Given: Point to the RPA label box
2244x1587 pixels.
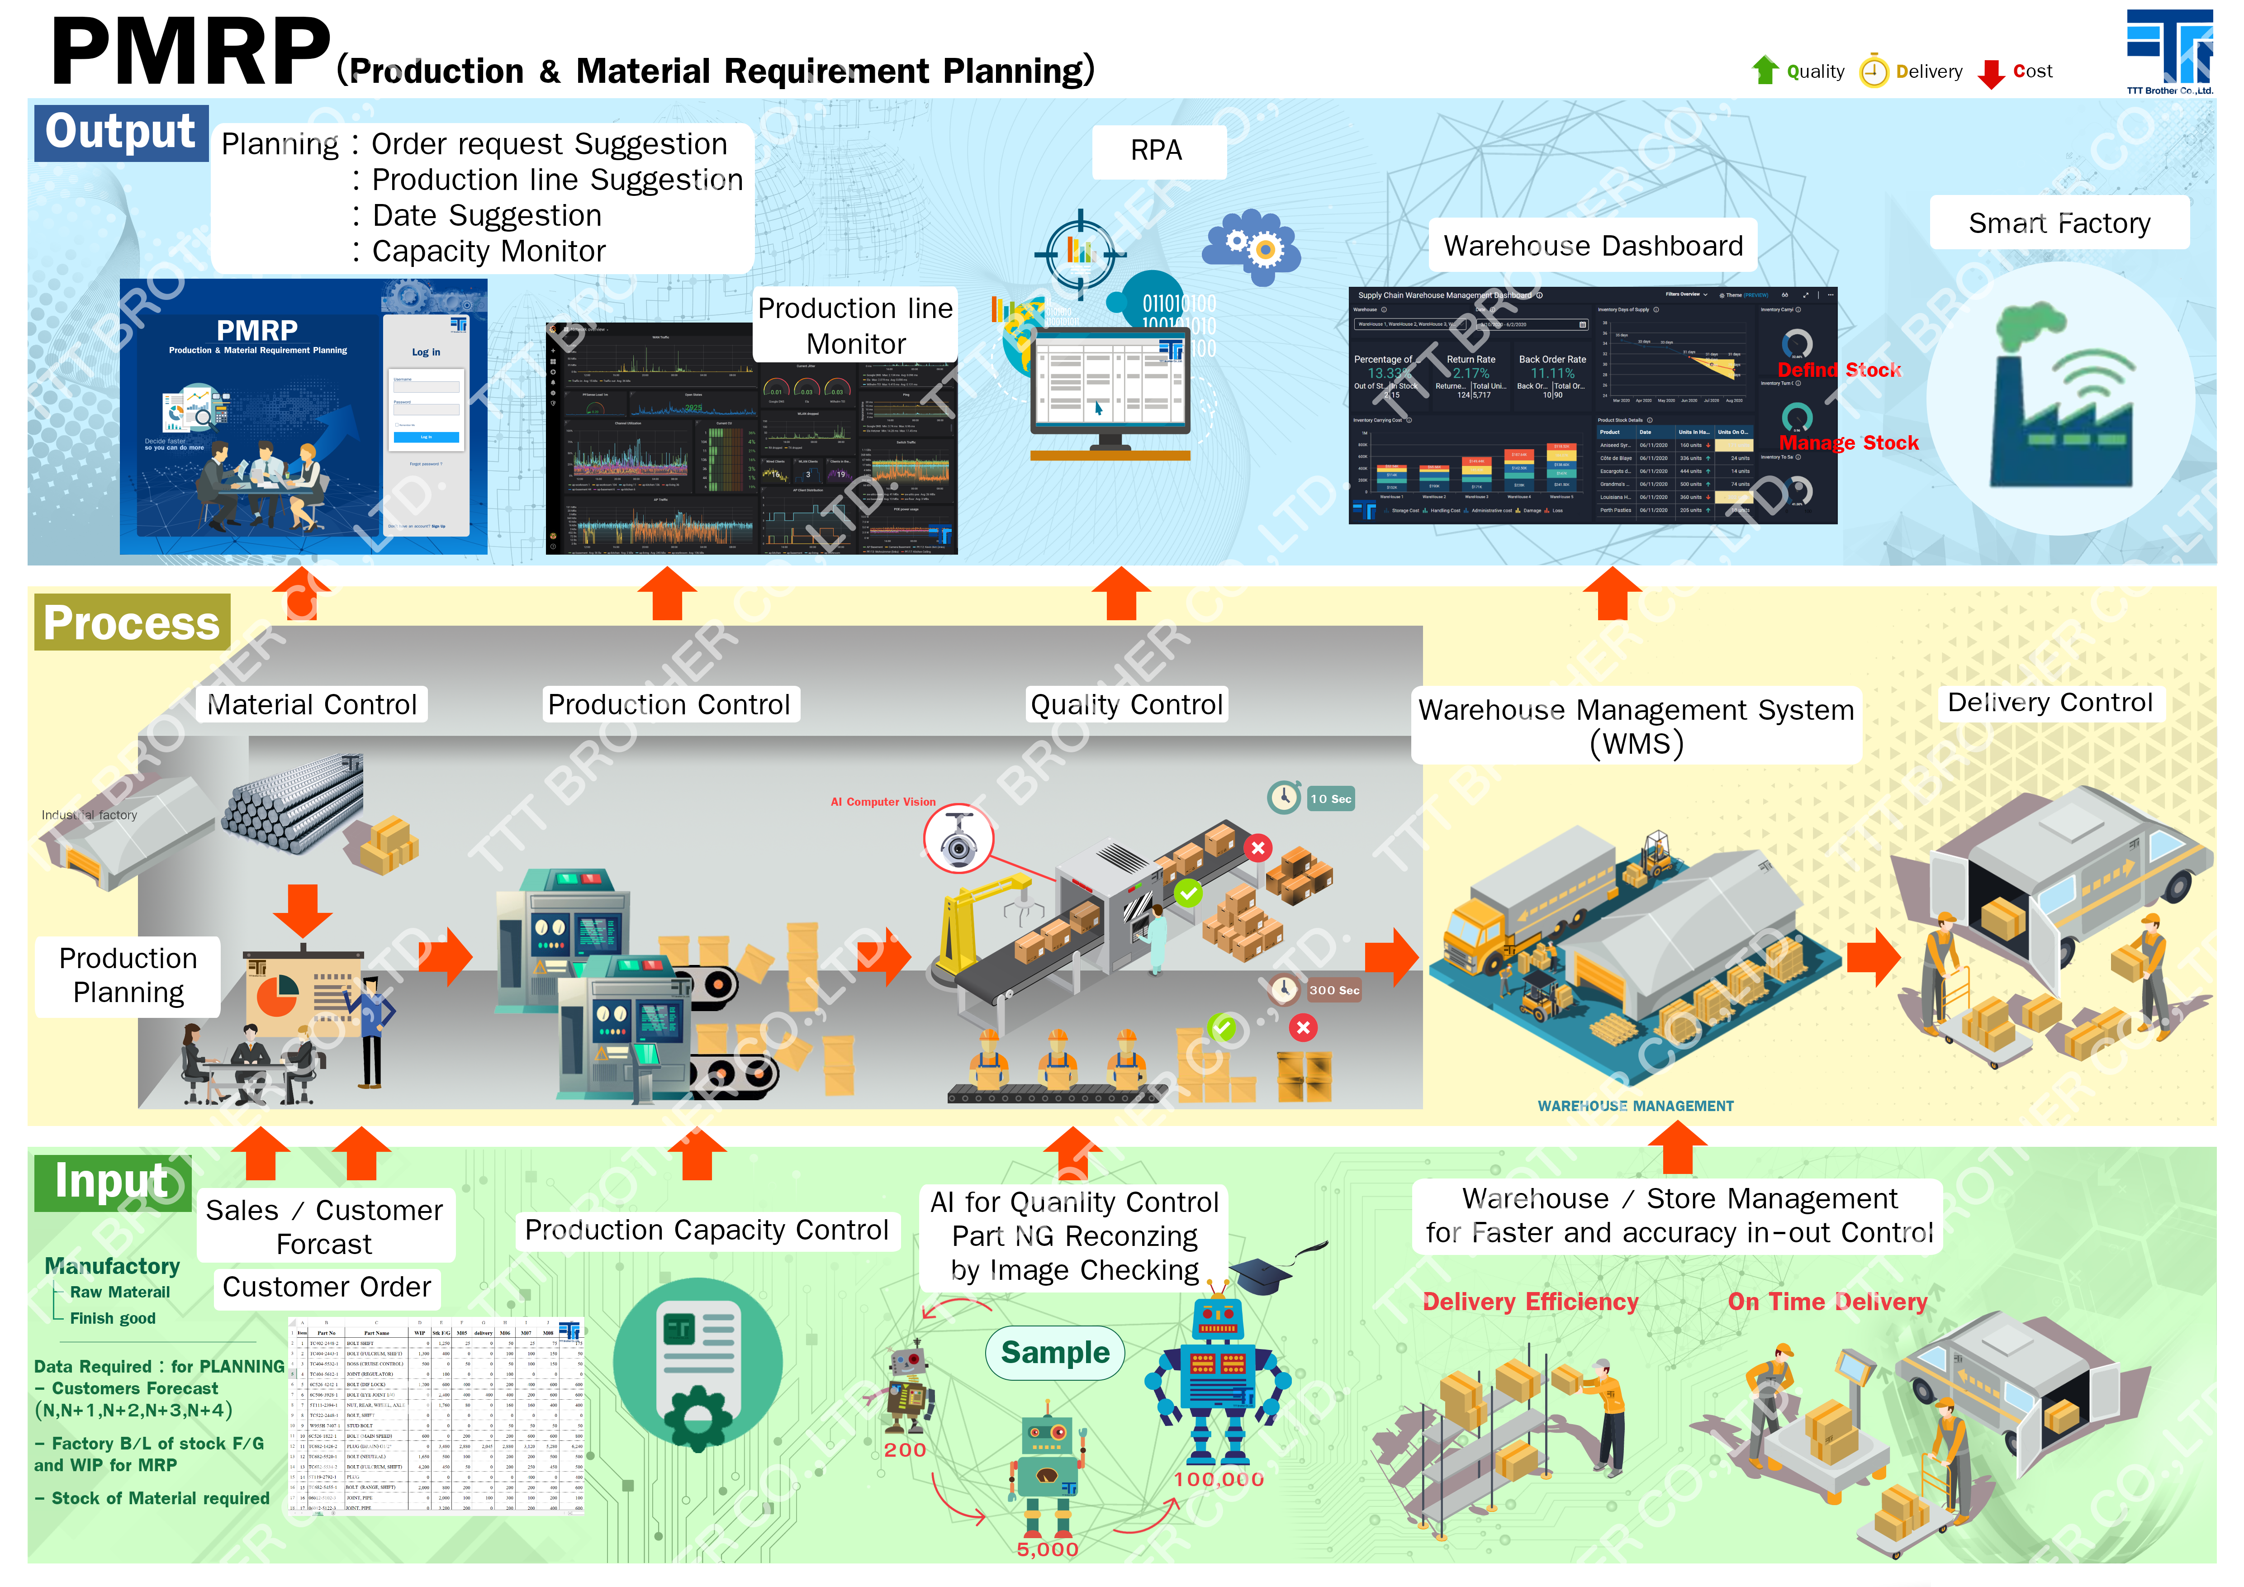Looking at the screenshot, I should (1157, 151).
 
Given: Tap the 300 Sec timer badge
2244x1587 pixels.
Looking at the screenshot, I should (1333, 990).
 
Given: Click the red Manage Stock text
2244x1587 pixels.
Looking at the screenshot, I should (1848, 443).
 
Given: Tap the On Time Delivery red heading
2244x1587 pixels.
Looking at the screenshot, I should (1827, 1302).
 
